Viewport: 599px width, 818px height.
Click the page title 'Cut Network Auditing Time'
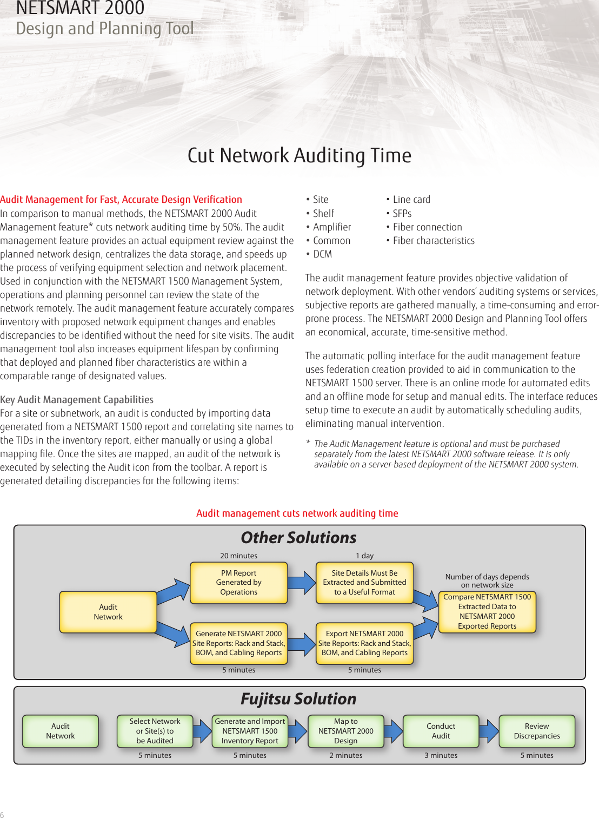click(299, 155)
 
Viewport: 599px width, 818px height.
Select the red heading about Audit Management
click(121, 200)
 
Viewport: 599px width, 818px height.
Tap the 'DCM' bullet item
click(322, 254)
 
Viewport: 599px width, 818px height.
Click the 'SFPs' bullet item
click(402, 214)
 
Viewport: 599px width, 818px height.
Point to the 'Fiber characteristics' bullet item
click(433, 241)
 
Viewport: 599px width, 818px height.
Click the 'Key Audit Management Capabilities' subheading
click(77, 400)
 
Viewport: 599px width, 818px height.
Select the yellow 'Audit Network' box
click(108, 612)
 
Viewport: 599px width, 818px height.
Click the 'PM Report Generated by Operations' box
click(238, 583)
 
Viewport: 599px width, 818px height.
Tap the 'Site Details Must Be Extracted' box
click(364, 583)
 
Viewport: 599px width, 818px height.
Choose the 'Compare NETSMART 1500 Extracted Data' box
click(487, 612)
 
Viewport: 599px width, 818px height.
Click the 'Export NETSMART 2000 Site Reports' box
click(364, 643)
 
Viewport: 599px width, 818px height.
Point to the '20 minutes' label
click(238, 556)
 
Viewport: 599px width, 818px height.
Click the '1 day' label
click(364, 556)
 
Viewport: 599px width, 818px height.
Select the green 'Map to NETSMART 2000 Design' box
click(346, 731)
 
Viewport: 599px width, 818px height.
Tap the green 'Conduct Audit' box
click(441, 731)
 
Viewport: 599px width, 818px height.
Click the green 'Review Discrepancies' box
click(537, 731)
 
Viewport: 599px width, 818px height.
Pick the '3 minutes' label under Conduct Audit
click(441, 755)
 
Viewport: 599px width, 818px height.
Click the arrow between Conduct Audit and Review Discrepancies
click(489, 731)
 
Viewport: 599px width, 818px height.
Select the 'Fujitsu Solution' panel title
click(298, 699)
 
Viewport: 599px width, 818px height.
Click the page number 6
click(2, 814)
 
